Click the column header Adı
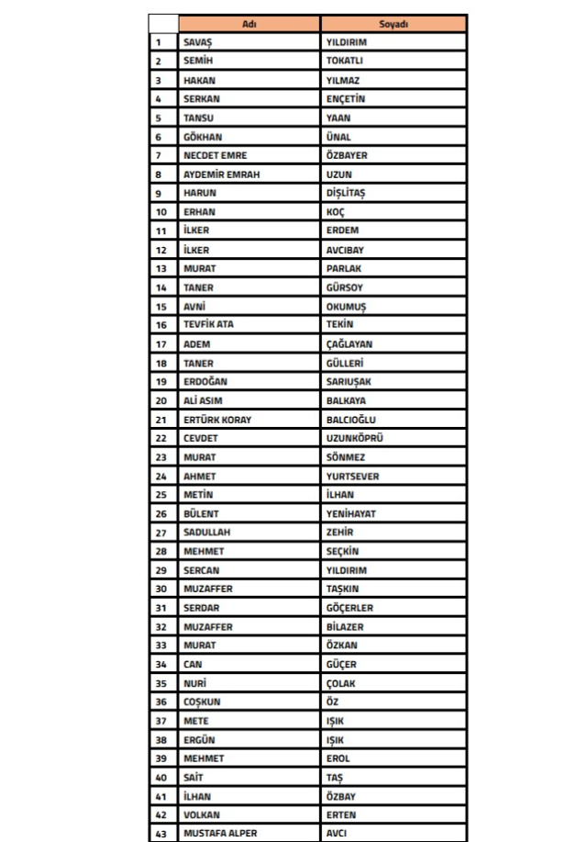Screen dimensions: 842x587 tap(249, 24)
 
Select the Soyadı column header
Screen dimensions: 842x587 tap(393, 24)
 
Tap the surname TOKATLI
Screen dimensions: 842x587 tap(345, 62)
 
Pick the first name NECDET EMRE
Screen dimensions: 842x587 tap(215, 156)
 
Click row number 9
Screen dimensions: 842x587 tap(159, 194)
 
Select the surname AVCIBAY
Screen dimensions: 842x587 tap(346, 250)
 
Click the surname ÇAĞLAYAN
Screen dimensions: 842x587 tap(349, 344)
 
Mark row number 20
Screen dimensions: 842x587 tap(161, 401)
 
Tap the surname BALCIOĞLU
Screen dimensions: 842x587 tap(351, 420)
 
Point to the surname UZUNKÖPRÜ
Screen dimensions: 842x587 tap(354, 439)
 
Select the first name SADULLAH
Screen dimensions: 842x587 tap(206, 533)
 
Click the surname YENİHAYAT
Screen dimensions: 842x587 tap(350, 514)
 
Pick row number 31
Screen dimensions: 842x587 tap(161, 608)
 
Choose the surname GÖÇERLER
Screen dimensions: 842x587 tap(349, 608)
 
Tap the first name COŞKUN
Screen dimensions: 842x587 tap(202, 702)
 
